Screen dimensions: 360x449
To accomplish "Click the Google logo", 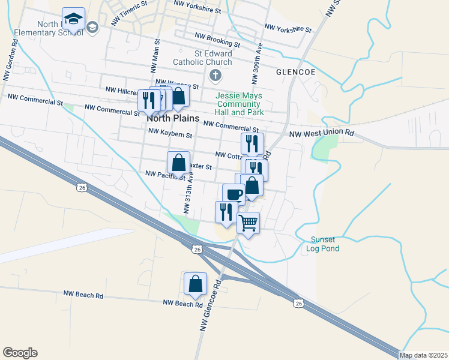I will point(20,353).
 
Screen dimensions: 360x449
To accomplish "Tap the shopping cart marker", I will point(248,223).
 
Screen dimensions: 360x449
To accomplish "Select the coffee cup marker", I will point(234,194).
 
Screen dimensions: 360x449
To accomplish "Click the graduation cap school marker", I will point(73,20).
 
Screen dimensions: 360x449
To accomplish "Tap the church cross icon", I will point(215,76).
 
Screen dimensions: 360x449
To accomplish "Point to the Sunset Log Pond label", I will point(322,244).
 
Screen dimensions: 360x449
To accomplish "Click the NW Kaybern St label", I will point(170,133).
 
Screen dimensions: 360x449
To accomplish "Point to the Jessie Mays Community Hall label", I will point(240,104).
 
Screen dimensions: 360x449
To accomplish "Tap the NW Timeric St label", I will point(129,13).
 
